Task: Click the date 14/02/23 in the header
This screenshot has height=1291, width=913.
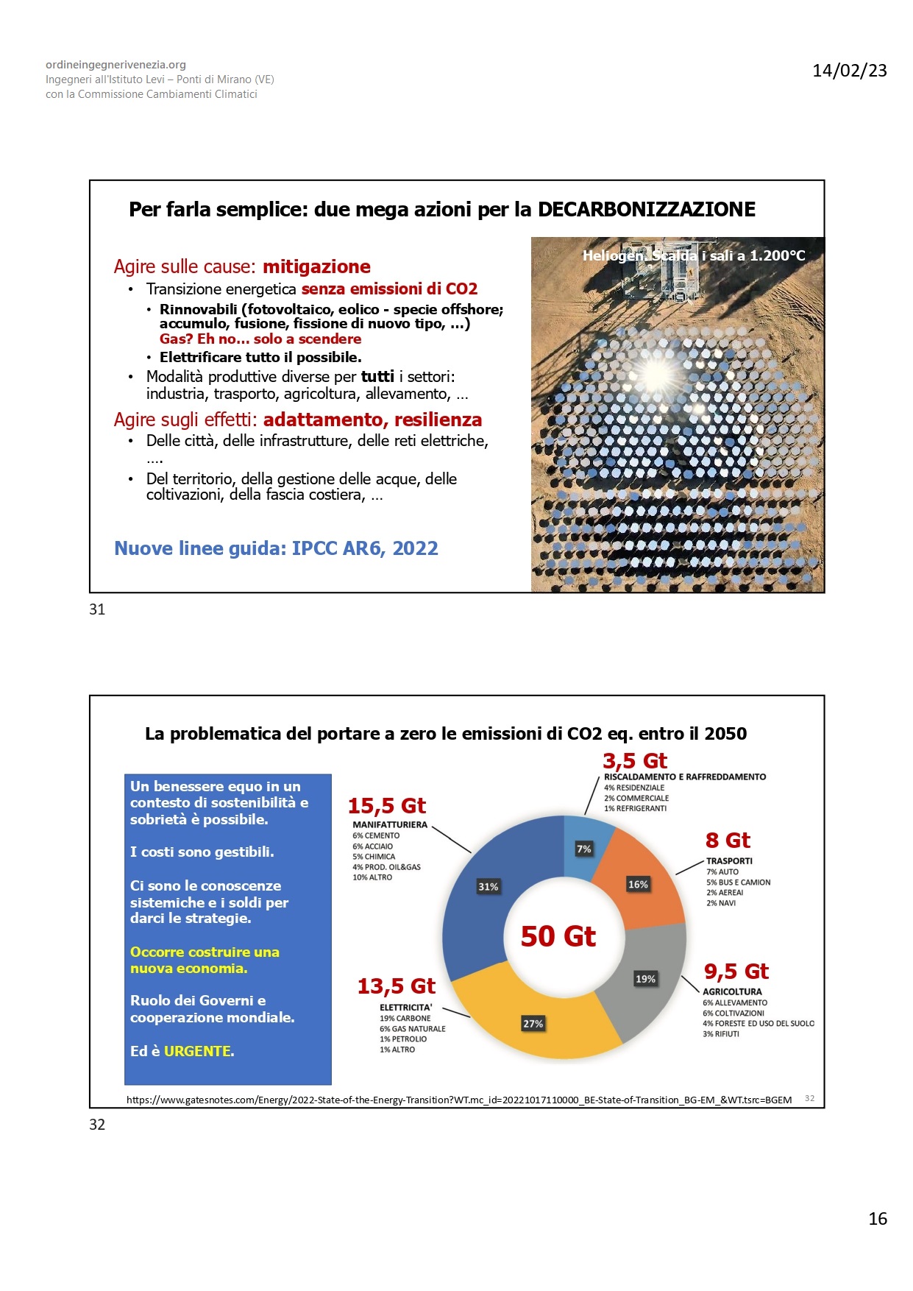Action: point(849,71)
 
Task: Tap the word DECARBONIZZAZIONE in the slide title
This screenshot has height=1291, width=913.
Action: point(646,210)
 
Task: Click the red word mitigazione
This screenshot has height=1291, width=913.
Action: point(316,266)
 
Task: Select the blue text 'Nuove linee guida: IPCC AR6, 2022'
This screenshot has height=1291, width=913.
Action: point(276,548)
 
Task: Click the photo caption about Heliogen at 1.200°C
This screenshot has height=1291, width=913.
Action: point(693,255)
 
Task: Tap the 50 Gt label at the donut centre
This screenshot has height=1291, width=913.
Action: point(558,936)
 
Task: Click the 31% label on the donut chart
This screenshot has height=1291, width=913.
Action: point(488,887)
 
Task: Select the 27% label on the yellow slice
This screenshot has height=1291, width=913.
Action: point(533,1024)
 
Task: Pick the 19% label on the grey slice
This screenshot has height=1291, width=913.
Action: point(645,979)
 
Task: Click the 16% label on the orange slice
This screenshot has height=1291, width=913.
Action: point(638,885)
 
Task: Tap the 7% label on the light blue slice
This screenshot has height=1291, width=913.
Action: point(583,849)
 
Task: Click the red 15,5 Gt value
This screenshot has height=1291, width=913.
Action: point(387,806)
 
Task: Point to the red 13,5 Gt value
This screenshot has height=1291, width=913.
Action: point(396,986)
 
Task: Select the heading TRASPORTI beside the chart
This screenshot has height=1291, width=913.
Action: point(729,861)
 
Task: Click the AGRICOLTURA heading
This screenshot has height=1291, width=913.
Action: point(732,992)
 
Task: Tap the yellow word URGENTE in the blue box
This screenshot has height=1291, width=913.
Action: point(197,1051)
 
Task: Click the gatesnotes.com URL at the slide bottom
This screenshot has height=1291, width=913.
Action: point(459,1100)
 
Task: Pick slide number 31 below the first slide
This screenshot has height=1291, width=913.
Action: point(97,609)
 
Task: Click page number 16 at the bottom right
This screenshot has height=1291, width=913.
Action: point(877,1219)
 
